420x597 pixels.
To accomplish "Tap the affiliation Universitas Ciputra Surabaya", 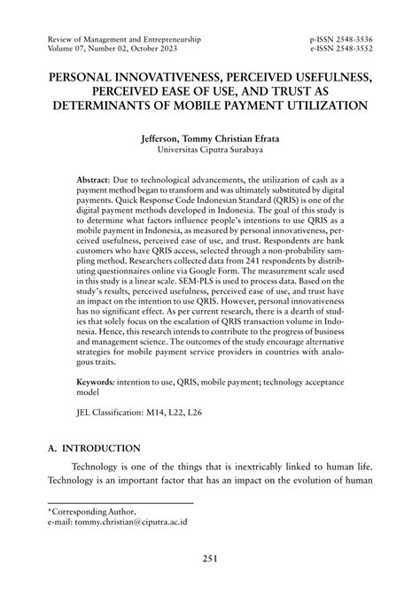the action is coord(209,151).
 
